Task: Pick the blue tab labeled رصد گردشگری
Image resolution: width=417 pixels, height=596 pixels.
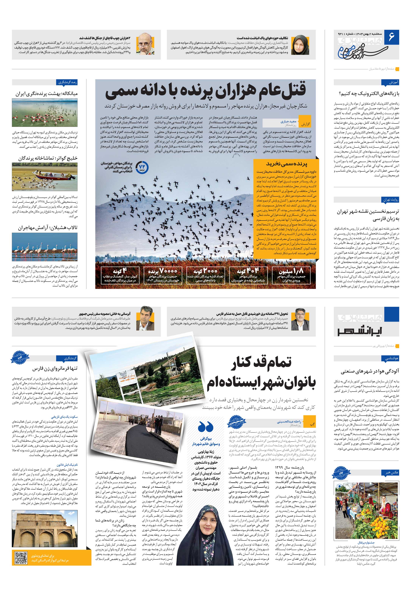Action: pos(67,82)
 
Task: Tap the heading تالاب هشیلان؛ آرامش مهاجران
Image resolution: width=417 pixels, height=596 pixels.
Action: pos(48,228)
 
